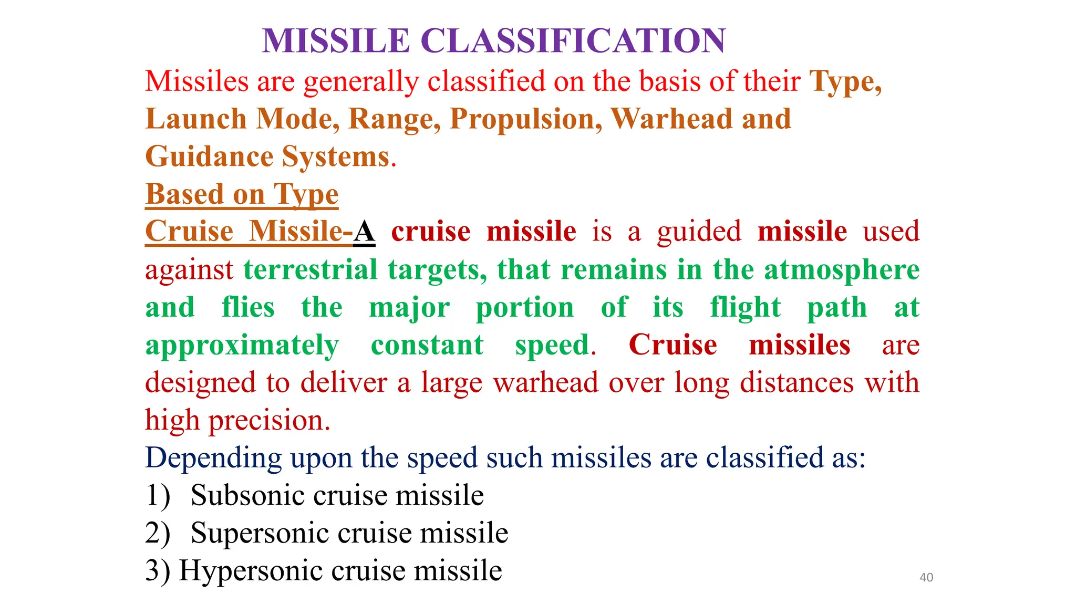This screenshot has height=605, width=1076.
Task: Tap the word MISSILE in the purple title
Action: [x=336, y=41]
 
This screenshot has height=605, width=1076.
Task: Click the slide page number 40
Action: [x=926, y=577]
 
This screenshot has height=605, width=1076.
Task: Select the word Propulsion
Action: [x=526, y=119]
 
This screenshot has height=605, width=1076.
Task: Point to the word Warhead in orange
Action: [x=671, y=119]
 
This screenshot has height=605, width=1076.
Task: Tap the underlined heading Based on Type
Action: [x=242, y=194]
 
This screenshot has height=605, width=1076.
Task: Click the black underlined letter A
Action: [x=364, y=232]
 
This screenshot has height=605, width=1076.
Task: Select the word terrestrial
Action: [x=311, y=269]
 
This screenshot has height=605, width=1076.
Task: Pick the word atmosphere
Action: [x=842, y=269]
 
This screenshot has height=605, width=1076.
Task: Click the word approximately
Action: [x=242, y=345]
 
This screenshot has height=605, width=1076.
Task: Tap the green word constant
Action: [x=427, y=345]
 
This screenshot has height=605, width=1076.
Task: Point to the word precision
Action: [x=269, y=421]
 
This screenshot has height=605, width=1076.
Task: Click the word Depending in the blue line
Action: [x=213, y=458]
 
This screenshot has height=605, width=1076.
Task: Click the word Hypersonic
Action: [x=251, y=571]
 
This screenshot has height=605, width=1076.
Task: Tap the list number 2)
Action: [x=158, y=533]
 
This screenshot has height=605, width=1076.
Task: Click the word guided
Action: [x=699, y=232]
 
